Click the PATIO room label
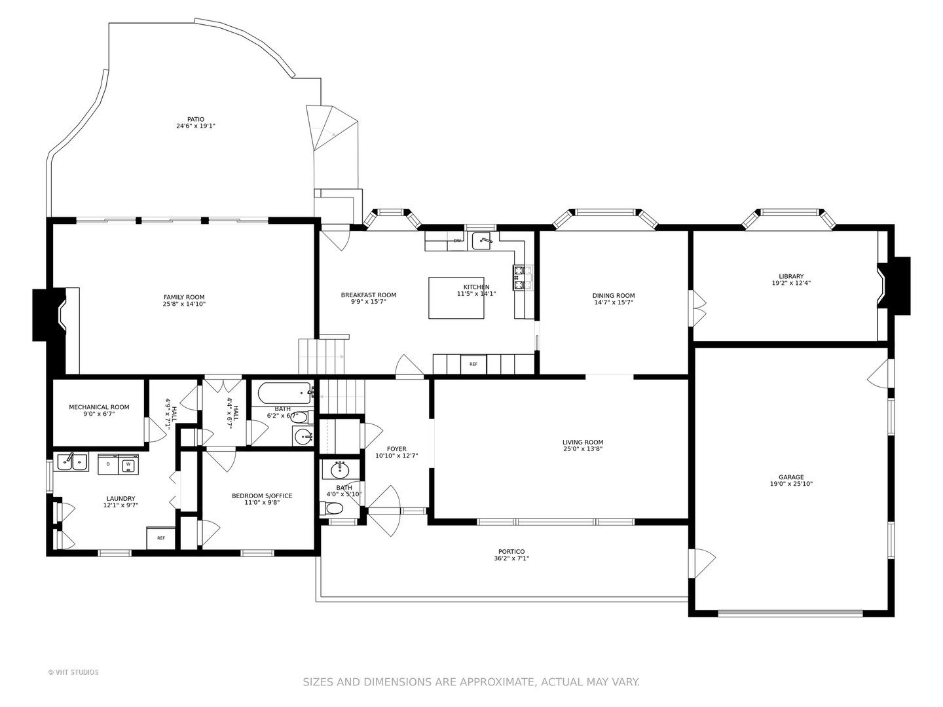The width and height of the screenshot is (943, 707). pyautogui.click(x=195, y=119)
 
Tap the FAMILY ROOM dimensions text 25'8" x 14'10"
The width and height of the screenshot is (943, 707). pyautogui.click(x=184, y=304)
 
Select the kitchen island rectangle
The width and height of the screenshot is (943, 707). pyautogui.click(x=456, y=298)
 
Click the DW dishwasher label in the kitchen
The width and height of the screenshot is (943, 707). pyautogui.click(x=457, y=241)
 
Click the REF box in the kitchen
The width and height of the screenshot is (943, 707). pyautogui.click(x=473, y=365)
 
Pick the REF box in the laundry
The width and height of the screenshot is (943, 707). pyautogui.click(x=160, y=538)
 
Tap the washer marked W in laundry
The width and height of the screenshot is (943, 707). pyautogui.click(x=128, y=465)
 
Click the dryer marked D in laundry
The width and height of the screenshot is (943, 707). pyautogui.click(x=108, y=465)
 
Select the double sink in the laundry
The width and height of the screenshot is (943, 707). pyautogui.click(x=72, y=462)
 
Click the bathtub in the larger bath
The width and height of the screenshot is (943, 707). pyautogui.click(x=284, y=393)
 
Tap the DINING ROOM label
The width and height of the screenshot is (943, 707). pyautogui.click(x=614, y=295)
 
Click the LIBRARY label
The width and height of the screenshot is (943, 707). pyautogui.click(x=791, y=276)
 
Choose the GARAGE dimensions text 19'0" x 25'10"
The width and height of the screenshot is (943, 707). pyautogui.click(x=791, y=484)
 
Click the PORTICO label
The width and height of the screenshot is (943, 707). pyautogui.click(x=511, y=552)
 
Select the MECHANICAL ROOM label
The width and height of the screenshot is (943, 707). pyautogui.click(x=100, y=407)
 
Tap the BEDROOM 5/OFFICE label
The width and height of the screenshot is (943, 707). pyautogui.click(x=262, y=496)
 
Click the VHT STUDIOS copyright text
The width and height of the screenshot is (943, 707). pyautogui.click(x=73, y=672)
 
